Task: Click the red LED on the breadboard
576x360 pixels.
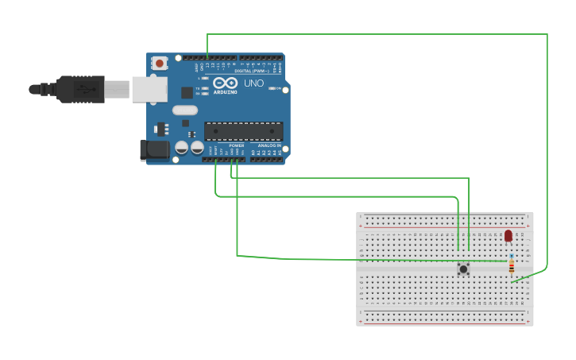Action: pyautogui.click(x=508, y=235)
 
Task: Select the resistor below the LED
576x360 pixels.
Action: pyautogui.click(x=511, y=266)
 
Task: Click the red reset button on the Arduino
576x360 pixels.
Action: pyautogui.click(x=160, y=63)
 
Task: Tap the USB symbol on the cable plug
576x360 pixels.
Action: pyautogui.click(x=83, y=89)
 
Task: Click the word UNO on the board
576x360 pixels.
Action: pyautogui.click(x=253, y=83)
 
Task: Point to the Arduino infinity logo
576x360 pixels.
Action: pyautogui.click(x=225, y=83)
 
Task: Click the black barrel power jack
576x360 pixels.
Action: pyautogui.click(x=153, y=149)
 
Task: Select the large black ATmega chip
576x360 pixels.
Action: pyautogui.click(x=243, y=131)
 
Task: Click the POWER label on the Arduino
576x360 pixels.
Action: pyautogui.click(x=236, y=146)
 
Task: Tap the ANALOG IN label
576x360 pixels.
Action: pyautogui.click(x=269, y=146)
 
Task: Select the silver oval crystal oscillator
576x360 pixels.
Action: pyautogui.click(x=184, y=110)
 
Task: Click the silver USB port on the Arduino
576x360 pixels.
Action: pyautogui.click(x=149, y=89)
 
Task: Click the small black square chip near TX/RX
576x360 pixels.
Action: pyautogui.click(x=186, y=93)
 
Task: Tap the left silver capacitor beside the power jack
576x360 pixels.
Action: pyautogui.click(x=182, y=148)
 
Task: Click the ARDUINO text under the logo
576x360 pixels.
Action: pyautogui.click(x=226, y=92)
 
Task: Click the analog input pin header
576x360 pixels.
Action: pyautogui.click(x=266, y=159)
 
